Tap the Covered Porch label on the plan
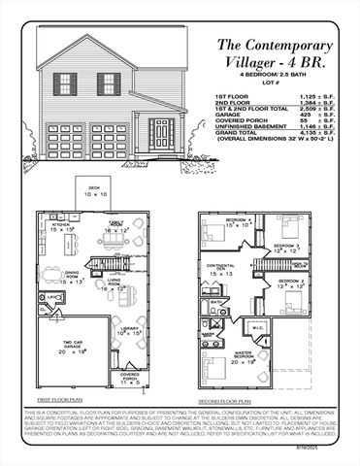point(129,375)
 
